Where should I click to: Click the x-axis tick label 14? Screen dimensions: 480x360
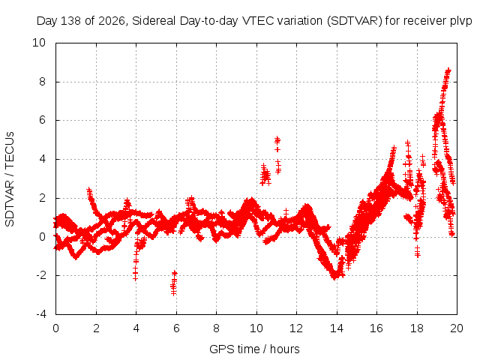click(337, 328)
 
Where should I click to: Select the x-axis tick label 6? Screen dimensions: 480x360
click(176, 328)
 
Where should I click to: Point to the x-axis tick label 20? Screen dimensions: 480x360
click(457, 328)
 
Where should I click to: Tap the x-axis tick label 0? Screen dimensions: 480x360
click(55, 328)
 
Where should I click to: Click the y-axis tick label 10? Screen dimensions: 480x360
click(39, 43)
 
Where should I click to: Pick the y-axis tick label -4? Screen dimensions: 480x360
click(41, 314)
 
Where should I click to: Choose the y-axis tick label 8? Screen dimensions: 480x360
click(42, 82)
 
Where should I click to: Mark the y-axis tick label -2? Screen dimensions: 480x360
click(41, 275)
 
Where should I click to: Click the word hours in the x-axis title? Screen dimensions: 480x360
click(285, 349)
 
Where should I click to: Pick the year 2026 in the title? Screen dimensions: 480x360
click(112, 21)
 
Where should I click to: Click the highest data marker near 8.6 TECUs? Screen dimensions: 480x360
click(448, 70)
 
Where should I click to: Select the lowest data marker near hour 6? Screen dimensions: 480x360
click(173, 293)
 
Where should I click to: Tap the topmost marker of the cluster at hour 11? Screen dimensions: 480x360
click(277, 139)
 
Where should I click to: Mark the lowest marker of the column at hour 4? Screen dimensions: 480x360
click(135, 278)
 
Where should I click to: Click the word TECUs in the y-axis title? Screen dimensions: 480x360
click(10, 150)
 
